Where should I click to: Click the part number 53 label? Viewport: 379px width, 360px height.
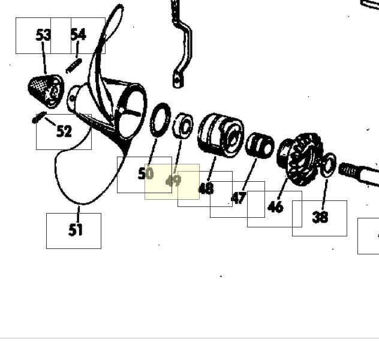click(43, 35)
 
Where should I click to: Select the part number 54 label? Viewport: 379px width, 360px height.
click(79, 34)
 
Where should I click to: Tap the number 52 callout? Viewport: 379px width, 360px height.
click(64, 131)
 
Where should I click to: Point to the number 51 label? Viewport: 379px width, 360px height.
click(76, 230)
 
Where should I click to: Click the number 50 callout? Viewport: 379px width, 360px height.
click(146, 173)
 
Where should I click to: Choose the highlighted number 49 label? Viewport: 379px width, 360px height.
click(173, 181)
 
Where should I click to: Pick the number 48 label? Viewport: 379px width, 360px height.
click(206, 188)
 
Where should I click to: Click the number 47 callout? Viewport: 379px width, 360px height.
click(239, 198)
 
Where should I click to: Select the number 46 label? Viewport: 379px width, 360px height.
click(275, 207)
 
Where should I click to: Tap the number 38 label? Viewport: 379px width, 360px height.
click(320, 217)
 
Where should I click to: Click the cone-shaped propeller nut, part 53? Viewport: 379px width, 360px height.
click(46, 91)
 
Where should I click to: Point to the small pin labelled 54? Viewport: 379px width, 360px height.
click(74, 65)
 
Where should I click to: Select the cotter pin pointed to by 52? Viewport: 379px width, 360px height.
click(39, 117)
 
